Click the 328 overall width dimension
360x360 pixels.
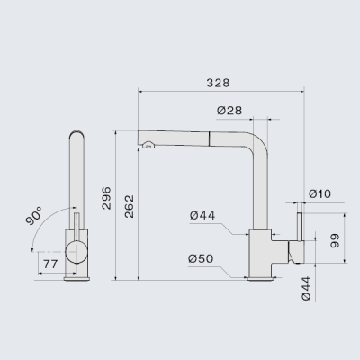point(218,83)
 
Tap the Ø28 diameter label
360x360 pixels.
point(229,111)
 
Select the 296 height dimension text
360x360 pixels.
point(106,198)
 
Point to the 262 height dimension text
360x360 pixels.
point(130,206)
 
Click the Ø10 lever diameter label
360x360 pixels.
point(319,193)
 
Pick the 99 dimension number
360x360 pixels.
point(335,241)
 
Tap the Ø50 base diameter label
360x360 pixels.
point(201,258)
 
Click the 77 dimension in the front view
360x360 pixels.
point(50,265)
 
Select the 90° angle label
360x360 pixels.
point(34,216)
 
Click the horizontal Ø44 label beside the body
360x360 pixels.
point(202,215)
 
